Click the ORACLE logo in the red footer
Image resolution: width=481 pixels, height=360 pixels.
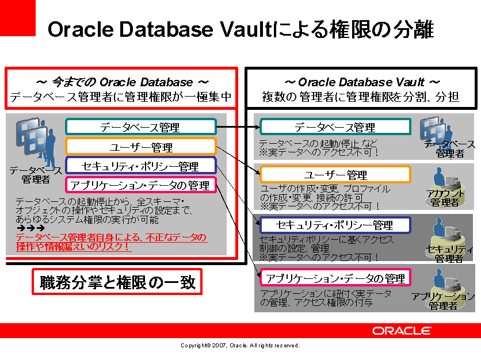coord(402,331)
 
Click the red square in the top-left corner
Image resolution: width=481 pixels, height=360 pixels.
coord(17,18)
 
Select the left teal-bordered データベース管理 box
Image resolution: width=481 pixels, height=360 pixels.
coord(141,127)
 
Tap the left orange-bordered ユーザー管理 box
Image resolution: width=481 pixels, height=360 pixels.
coord(141,146)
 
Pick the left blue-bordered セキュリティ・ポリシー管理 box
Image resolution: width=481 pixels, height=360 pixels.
coord(141,165)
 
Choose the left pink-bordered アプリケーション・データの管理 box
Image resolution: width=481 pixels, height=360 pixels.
coord(141,185)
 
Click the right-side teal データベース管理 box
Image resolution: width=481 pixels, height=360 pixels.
coord(335,127)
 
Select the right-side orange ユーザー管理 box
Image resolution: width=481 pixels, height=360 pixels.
coord(335,174)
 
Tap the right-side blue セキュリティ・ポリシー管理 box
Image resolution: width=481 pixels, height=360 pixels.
coord(335,225)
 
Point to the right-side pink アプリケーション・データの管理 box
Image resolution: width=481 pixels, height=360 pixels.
coord(335,278)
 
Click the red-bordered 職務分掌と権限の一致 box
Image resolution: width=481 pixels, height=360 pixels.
coord(117,281)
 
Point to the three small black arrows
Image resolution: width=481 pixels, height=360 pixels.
coord(30,228)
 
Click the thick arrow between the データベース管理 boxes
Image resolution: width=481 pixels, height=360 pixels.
coord(238,127)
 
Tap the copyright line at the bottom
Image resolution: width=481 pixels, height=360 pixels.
coord(240,346)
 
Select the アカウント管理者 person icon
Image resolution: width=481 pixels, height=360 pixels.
coord(446,187)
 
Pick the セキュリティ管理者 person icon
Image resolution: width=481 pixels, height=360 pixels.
coord(446,239)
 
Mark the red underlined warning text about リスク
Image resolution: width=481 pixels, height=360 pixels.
coord(112,242)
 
